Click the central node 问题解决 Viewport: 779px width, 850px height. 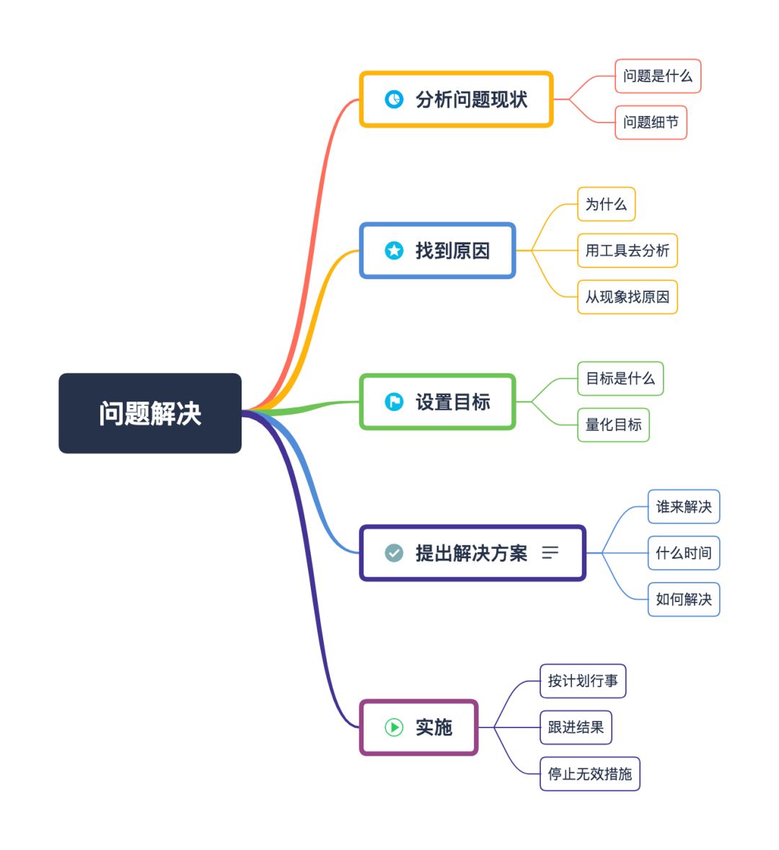point(150,413)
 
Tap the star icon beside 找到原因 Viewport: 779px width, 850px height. point(394,250)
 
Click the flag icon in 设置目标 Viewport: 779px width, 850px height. point(394,402)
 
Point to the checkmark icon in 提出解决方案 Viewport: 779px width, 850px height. point(394,553)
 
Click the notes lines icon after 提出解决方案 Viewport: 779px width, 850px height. point(550,553)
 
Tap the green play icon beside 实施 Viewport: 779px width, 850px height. point(394,727)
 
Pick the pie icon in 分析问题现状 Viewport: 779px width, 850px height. point(394,99)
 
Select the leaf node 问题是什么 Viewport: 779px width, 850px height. point(657,76)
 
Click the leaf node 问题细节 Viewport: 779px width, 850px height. point(651,123)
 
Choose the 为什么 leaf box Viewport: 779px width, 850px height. point(606,204)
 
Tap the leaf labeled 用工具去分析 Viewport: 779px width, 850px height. point(627,250)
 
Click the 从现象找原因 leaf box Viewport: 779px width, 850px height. point(627,297)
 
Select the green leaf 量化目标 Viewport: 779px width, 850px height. point(613,425)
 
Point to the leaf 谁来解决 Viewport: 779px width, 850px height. point(683,507)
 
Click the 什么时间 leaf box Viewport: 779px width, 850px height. point(683,553)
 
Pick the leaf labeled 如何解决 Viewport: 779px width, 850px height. point(683,599)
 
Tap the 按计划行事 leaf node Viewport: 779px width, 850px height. point(583,681)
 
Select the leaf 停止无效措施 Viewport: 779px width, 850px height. point(589,774)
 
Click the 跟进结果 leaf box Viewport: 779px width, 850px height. point(576,727)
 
